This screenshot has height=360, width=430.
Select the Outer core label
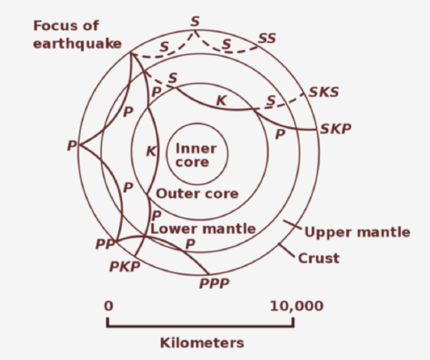click(x=197, y=193)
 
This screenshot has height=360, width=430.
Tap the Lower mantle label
click(x=202, y=229)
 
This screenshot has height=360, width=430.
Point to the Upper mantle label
click(x=357, y=232)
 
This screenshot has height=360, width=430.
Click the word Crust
click(x=319, y=257)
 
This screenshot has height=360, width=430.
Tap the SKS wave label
click(x=324, y=92)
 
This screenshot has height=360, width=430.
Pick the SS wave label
click(x=267, y=38)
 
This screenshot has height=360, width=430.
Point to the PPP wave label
click(x=214, y=283)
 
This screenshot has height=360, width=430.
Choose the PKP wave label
click(x=126, y=268)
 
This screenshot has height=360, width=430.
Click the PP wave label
click(x=106, y=245)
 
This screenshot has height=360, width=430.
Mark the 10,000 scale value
click(x=296, y=305)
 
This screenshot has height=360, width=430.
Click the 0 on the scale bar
click(x=109, y=305)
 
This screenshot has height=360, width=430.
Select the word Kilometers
click(x=202, y=342)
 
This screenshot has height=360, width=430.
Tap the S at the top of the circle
click(x=195, y=21)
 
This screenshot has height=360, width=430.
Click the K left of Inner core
click(x=152, y=151)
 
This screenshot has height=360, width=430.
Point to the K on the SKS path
click(x=221, y=100)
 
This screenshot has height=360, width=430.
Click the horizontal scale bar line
click(x=202, y=324)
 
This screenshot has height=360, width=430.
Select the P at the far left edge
click(x=72, y=146)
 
